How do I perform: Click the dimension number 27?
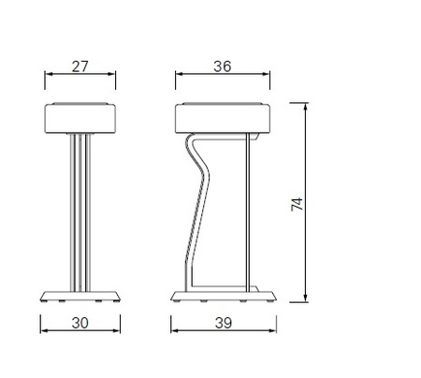[x=80, y=66]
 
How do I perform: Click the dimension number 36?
[x=223, y=66]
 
